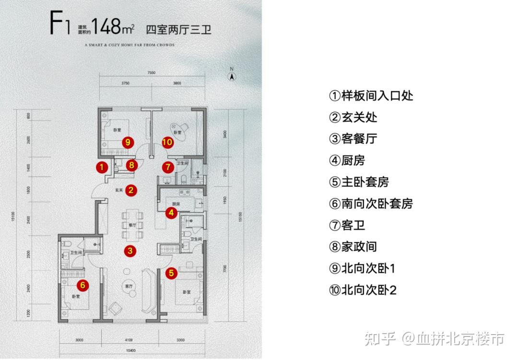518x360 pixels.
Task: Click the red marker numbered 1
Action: point(101,167)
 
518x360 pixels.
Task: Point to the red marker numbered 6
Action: point(82,285)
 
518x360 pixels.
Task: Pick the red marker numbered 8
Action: point(132,166)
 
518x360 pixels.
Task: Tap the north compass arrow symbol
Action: point(231,75)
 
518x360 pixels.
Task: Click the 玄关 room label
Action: point(119,191)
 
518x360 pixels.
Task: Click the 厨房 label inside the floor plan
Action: point(172,204)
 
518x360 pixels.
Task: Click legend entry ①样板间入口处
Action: point(371,96)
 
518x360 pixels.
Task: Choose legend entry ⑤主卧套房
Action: point(358,182)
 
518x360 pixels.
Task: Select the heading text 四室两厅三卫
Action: point(178,28)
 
